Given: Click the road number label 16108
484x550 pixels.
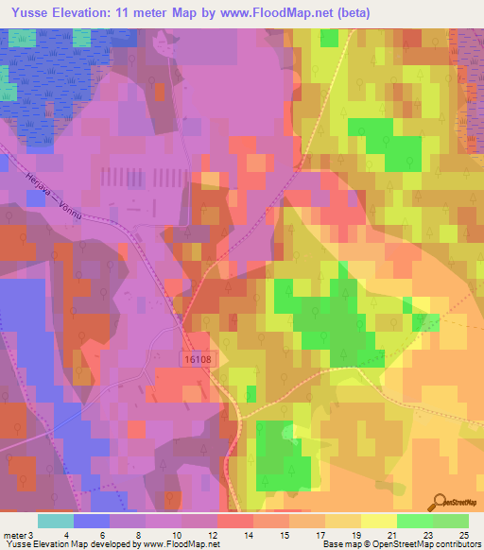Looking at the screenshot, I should click(x=195, y=360).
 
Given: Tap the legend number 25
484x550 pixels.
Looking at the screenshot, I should click(x=463, y=534).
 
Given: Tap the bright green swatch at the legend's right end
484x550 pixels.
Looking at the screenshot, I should click(x=450, y=521).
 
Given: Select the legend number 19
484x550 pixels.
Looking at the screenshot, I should click(x=351, y=534).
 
